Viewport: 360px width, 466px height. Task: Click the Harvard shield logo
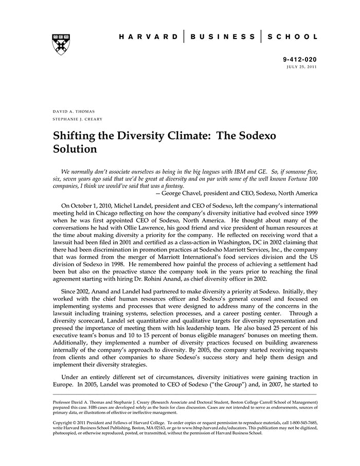tap(61, 44)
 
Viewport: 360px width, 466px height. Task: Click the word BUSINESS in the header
tap(223, 37)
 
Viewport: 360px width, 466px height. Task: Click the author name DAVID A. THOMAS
tap(74, 112)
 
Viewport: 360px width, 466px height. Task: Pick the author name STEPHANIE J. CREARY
tap(77, 119)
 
